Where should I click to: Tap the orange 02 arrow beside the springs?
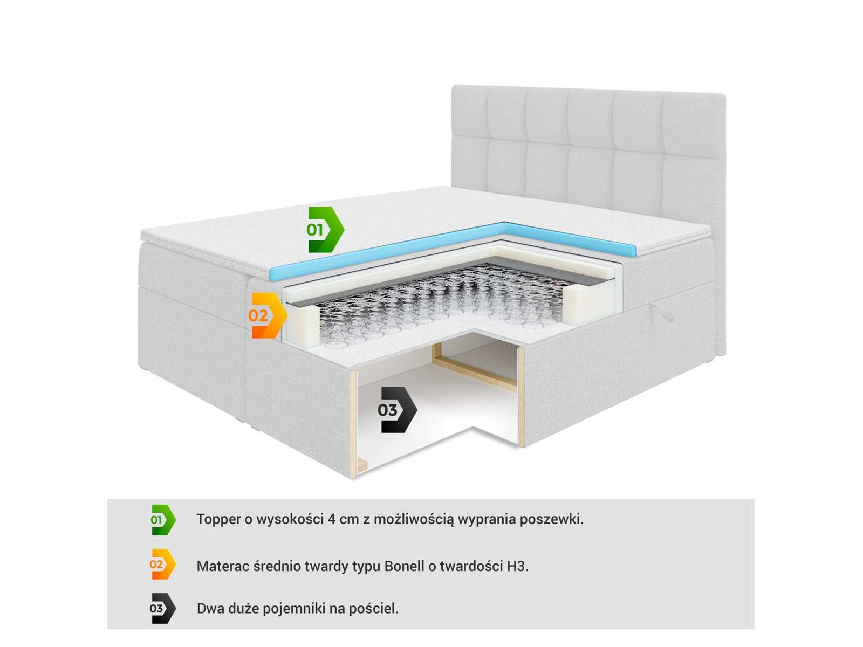[x=268, y=315]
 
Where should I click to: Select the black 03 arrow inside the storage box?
[x=397, y=410]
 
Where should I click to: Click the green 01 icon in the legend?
[x=163, y=520]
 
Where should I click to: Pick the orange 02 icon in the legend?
[x=163, y=565]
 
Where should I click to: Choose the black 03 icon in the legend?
[x=163, y=609]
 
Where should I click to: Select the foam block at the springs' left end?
[x=304, y=326]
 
